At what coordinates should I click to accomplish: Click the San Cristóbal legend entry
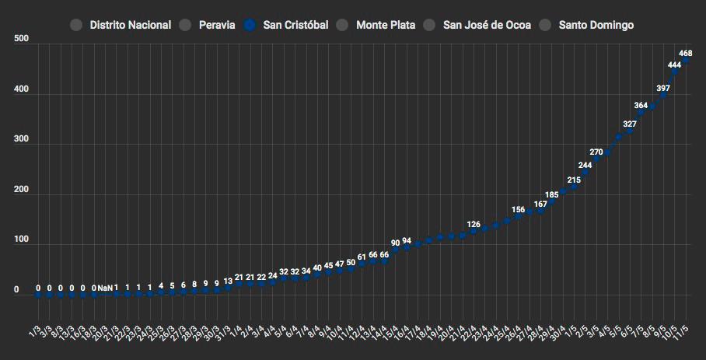point(293,25)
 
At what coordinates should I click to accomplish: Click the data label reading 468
point(686,54)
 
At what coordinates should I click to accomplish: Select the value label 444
point(675,65)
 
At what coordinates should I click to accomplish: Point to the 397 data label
point(663,89)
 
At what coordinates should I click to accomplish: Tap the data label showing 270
point(596,152)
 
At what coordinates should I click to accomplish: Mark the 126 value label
point(474,225)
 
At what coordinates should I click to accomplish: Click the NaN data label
point(105,288)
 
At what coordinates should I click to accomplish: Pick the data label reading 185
point(551,195)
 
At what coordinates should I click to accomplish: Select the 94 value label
point(407,240)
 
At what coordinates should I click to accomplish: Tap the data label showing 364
point(641,105)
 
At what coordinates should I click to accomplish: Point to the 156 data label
point(518,210)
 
